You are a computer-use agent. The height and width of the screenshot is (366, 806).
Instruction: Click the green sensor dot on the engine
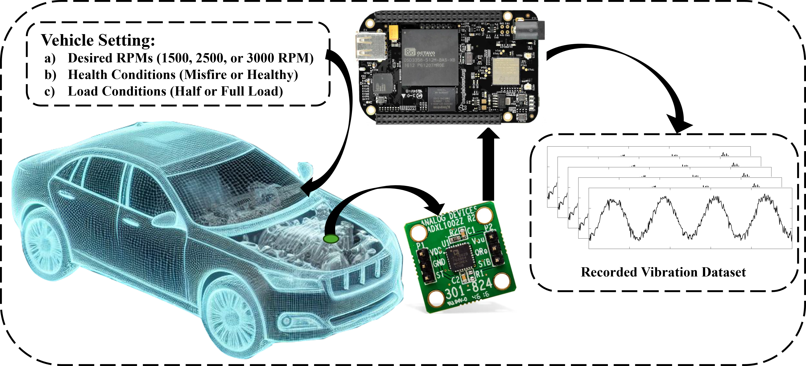click(331, 239)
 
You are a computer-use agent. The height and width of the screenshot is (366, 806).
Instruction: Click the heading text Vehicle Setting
click(98, 40)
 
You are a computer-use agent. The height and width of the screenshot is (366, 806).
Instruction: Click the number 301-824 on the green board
click(468, 288)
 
